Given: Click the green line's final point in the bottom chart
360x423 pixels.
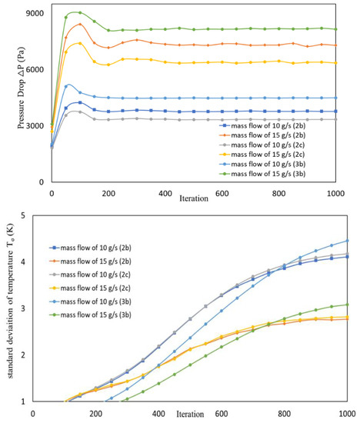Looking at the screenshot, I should [x=347, y=305].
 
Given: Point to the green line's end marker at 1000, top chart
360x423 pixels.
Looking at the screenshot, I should [x=335, y=29].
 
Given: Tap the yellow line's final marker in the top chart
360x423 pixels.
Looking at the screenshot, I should [x=335, y=63].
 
